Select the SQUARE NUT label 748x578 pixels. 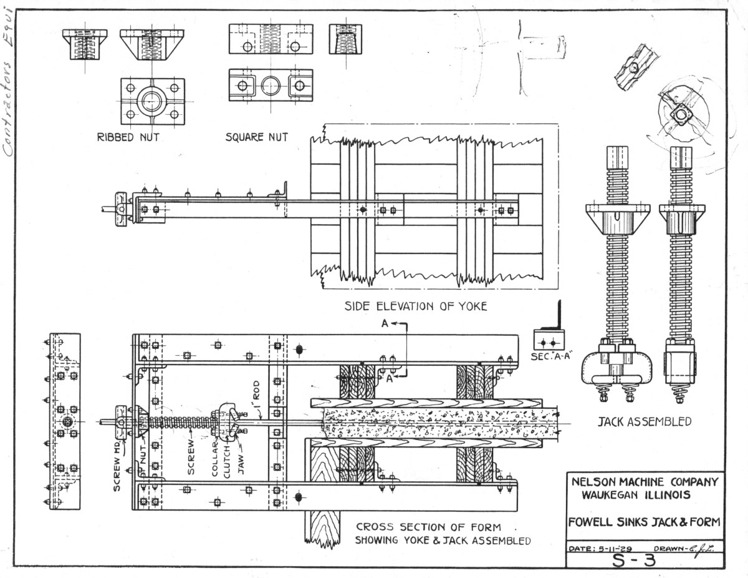256,137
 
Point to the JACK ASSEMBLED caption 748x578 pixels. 644,421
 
